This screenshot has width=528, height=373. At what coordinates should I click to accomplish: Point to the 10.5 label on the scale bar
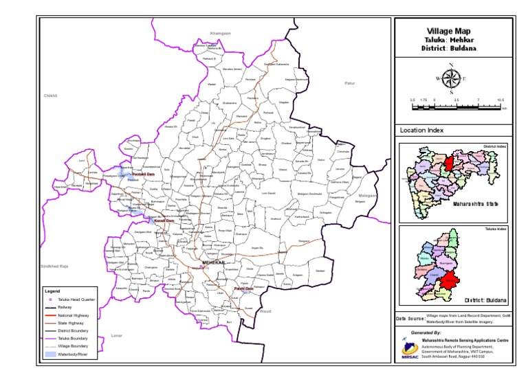click(500, 100)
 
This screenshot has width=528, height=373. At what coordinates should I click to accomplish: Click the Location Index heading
click(421, 131)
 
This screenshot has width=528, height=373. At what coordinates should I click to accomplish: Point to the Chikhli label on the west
click(50, 96)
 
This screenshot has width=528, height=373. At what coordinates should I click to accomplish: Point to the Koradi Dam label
click(160, 220)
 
